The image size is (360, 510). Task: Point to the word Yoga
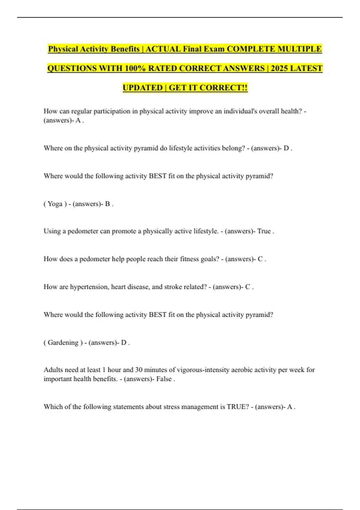[55, 204]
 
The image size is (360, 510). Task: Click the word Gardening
[63, 343]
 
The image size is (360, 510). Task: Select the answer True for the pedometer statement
[264, 231]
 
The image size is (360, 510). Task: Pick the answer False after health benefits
[164, 379]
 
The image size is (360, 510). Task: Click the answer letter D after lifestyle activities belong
[286, 148]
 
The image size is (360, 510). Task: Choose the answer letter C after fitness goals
[260, 259]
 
